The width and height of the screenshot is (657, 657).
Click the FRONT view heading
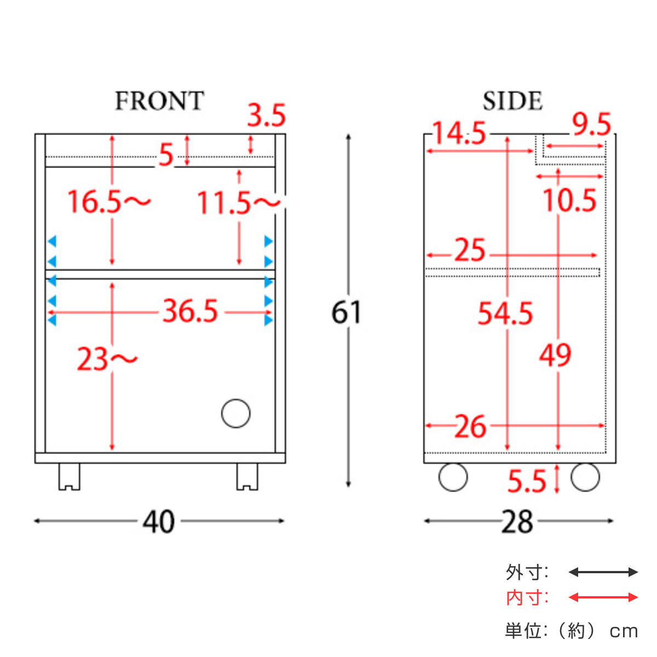tap(159, 101)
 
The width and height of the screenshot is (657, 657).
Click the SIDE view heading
tap(512, 101)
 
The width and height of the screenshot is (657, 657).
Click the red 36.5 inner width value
tap(190, 310)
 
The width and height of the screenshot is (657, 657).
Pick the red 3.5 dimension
tap(266, 116)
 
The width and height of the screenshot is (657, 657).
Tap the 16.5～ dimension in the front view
tap(109, 201)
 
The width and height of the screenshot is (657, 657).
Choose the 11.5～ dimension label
tap(239, 203)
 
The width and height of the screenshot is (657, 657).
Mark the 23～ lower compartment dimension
tap(107, 359)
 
